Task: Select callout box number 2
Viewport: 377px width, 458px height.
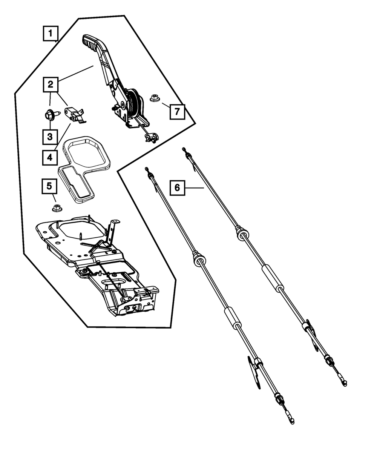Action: coord(50,85)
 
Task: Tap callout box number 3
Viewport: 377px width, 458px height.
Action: coord(50,137)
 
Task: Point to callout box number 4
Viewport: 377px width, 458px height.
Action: coord(50,157)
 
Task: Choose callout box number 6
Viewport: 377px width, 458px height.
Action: coord(178,188)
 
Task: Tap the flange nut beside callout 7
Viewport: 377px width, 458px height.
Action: coord(154,98)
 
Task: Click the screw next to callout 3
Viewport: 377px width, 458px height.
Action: coord(49,114)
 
